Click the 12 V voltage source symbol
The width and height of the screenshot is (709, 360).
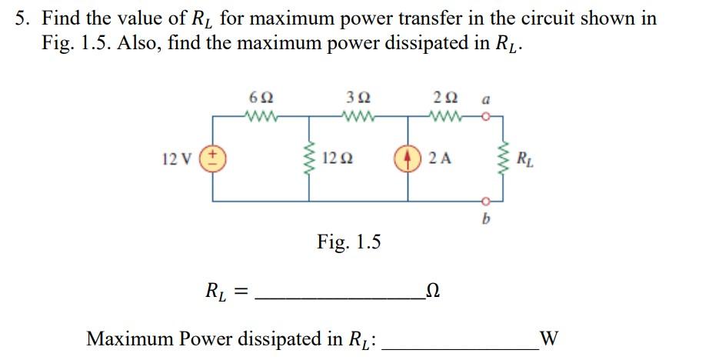point(213,159)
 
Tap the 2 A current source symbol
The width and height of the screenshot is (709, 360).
point(408,159)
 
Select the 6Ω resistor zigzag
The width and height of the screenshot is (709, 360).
point(260,118)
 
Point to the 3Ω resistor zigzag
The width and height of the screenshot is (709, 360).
point(358,118)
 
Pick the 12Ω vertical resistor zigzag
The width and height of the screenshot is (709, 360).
point(311,159)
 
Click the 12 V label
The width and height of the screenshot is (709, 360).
point(178,160)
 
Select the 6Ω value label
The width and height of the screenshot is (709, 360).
point(260,98)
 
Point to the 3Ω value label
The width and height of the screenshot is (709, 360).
point(358,98)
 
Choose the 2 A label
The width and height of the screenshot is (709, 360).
point(440,160)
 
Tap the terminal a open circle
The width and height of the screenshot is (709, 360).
point(487,118)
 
